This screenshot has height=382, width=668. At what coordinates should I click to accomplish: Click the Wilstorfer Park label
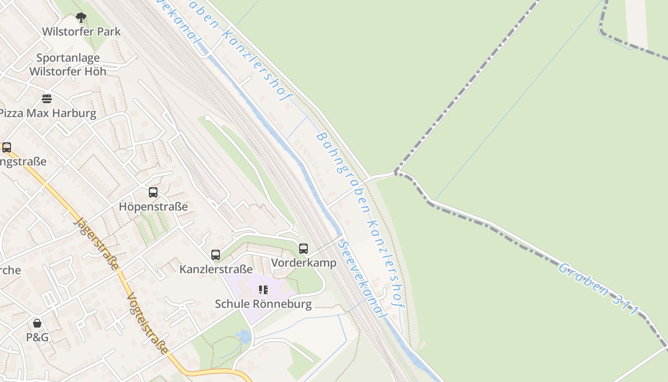(81, 32)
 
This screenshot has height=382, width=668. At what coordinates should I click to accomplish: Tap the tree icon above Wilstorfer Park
(81, 18)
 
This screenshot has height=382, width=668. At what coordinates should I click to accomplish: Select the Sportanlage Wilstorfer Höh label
(68, 64)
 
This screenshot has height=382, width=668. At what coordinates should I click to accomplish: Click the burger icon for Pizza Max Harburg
(47, 99)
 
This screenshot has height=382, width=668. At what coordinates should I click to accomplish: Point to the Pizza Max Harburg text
(48, 113)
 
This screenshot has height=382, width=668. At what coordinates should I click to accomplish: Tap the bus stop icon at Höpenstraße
(153, 192)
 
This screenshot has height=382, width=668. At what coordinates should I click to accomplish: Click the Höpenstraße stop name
(153, 207)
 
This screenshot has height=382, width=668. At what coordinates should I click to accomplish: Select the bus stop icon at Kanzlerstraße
(216, 255)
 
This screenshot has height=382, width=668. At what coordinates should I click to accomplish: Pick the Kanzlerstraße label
(216, 269)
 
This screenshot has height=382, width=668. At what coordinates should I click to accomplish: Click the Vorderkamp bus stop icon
(303, 249)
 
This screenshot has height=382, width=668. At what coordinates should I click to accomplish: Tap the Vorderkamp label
(303, 263)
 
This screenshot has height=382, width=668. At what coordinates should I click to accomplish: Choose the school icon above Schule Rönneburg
(263, 290)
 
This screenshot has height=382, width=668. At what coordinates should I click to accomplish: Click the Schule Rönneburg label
(263, 304)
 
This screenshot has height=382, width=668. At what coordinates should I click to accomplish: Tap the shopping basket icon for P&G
(37, 323)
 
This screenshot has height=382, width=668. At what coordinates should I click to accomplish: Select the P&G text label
(37, 337)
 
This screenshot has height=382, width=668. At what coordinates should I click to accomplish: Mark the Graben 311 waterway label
(598, 289)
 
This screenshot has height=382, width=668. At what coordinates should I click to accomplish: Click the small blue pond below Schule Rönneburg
(244, 337)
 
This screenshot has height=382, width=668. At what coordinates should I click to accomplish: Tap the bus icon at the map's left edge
(7, 148)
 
